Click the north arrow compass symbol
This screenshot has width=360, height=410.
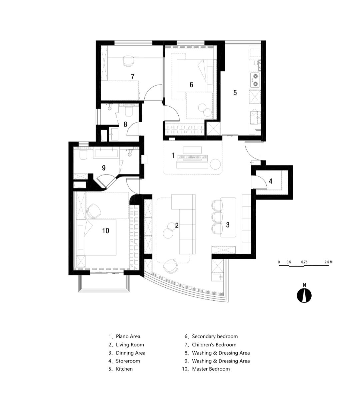(304, 295)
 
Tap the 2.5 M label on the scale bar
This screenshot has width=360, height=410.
(328, 262)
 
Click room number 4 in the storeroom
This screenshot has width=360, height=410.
(271, 181)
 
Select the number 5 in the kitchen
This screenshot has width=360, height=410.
(235, 93)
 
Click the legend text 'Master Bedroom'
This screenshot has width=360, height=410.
(211, 369)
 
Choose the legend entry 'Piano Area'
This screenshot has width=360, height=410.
(128, 336)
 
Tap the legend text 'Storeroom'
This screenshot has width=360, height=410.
(128, 361)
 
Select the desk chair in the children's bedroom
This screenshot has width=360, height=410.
(128, 61)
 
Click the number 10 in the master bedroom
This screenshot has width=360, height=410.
(105, 230)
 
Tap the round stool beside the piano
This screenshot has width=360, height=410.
(215, 164)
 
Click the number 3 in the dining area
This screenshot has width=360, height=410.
(228, 225)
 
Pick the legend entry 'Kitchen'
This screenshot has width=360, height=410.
(124, 369)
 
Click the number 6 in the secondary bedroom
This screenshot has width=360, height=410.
(191, 85)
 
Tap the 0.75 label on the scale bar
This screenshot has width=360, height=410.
(304, 262)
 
